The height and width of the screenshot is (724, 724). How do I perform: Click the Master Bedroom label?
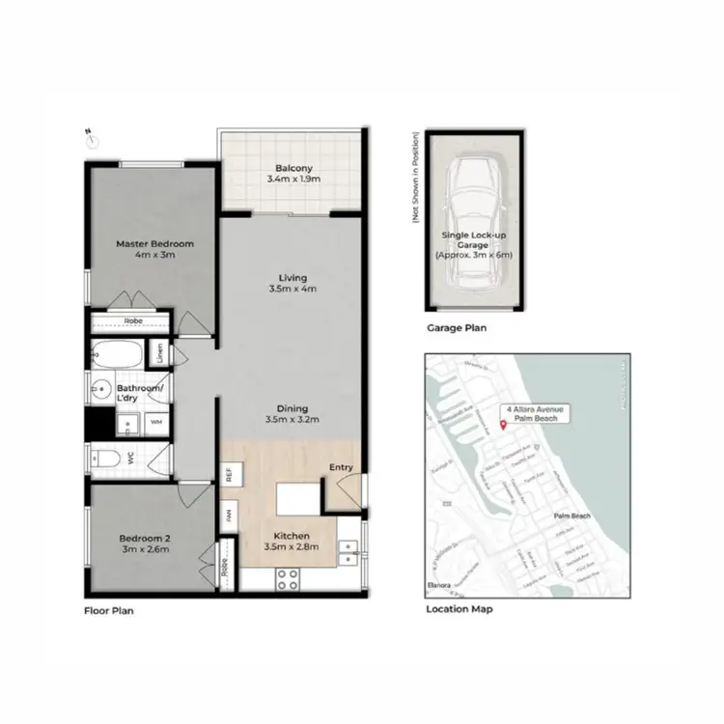tap(154, 250)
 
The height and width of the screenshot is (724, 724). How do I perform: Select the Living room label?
tap(291, 282)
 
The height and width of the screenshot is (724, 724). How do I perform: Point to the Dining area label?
tap(291, 413)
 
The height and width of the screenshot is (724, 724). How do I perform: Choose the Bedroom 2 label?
tap(144, 543)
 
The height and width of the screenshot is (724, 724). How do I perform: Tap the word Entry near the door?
tap(342, 468)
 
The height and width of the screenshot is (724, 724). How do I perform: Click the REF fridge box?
tap(230, 475)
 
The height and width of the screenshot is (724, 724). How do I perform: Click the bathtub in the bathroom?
tap(121, 354)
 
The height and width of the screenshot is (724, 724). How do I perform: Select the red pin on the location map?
tap(503, 426)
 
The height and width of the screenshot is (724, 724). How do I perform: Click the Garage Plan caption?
tap(457, 328)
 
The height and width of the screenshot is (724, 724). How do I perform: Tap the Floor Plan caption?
tap(107, 610)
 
